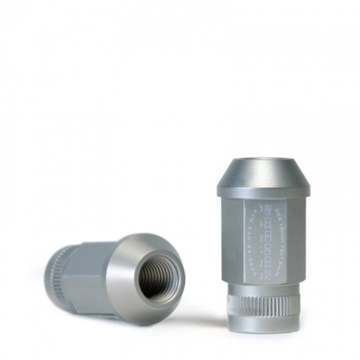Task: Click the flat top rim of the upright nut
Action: [x=264, y=160]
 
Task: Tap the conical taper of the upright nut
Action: [x=263, y=175]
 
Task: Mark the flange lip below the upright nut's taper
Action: [x=263, y=192]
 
